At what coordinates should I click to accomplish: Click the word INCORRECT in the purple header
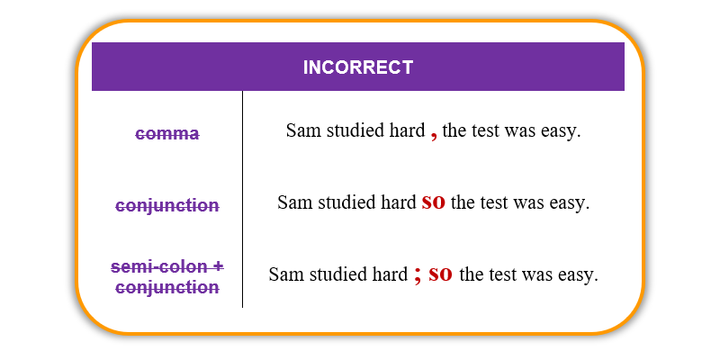pyautogui.click(x=358, y=67)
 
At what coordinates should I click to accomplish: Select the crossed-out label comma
pyautogui.click(x=167, y=133)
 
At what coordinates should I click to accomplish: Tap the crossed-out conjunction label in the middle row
pyautogui.click(x=167, y=205)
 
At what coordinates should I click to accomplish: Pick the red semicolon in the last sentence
pyautogui.click(x=418, y=275)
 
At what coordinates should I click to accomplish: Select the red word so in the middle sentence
pyautogui.click(x=434, y=202)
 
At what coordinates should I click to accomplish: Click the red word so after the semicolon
pyautogui.click(x=440, y=274)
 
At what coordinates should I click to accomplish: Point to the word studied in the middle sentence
pyautogui.click(x=344, y=202)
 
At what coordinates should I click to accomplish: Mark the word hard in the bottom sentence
pyautogui.click(x=392, y=274)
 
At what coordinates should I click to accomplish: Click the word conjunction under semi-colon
pyautogui.click(x=167, y=288)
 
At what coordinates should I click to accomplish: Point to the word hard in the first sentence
pyautogui.click(x=410, y=130)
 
